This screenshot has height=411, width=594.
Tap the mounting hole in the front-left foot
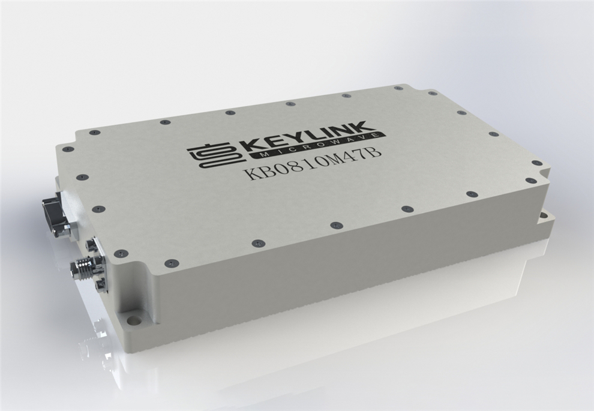point(132,320)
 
